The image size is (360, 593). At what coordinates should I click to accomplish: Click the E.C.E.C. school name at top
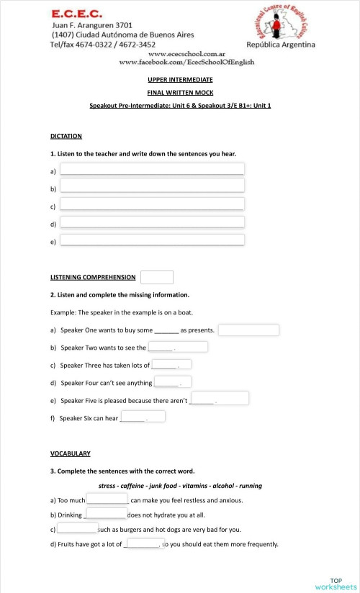click(77, 14)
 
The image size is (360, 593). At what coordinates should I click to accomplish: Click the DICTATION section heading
click(66, 136)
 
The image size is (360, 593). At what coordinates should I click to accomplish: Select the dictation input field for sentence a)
click(152, 169)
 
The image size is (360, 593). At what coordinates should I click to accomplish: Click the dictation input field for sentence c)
click(152, 204)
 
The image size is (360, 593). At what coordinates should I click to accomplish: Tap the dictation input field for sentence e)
click(152, 240)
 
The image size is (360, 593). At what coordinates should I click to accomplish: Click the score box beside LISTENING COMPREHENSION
click(157, 277)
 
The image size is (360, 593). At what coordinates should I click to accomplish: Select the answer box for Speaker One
click(248, 330)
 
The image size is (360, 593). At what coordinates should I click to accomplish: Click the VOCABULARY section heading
click(71, 454)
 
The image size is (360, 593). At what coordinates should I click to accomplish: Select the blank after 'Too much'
click(107, 498)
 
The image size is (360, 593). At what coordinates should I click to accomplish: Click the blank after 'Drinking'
click(106, 513)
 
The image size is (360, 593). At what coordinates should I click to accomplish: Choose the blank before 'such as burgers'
click(77, 528)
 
